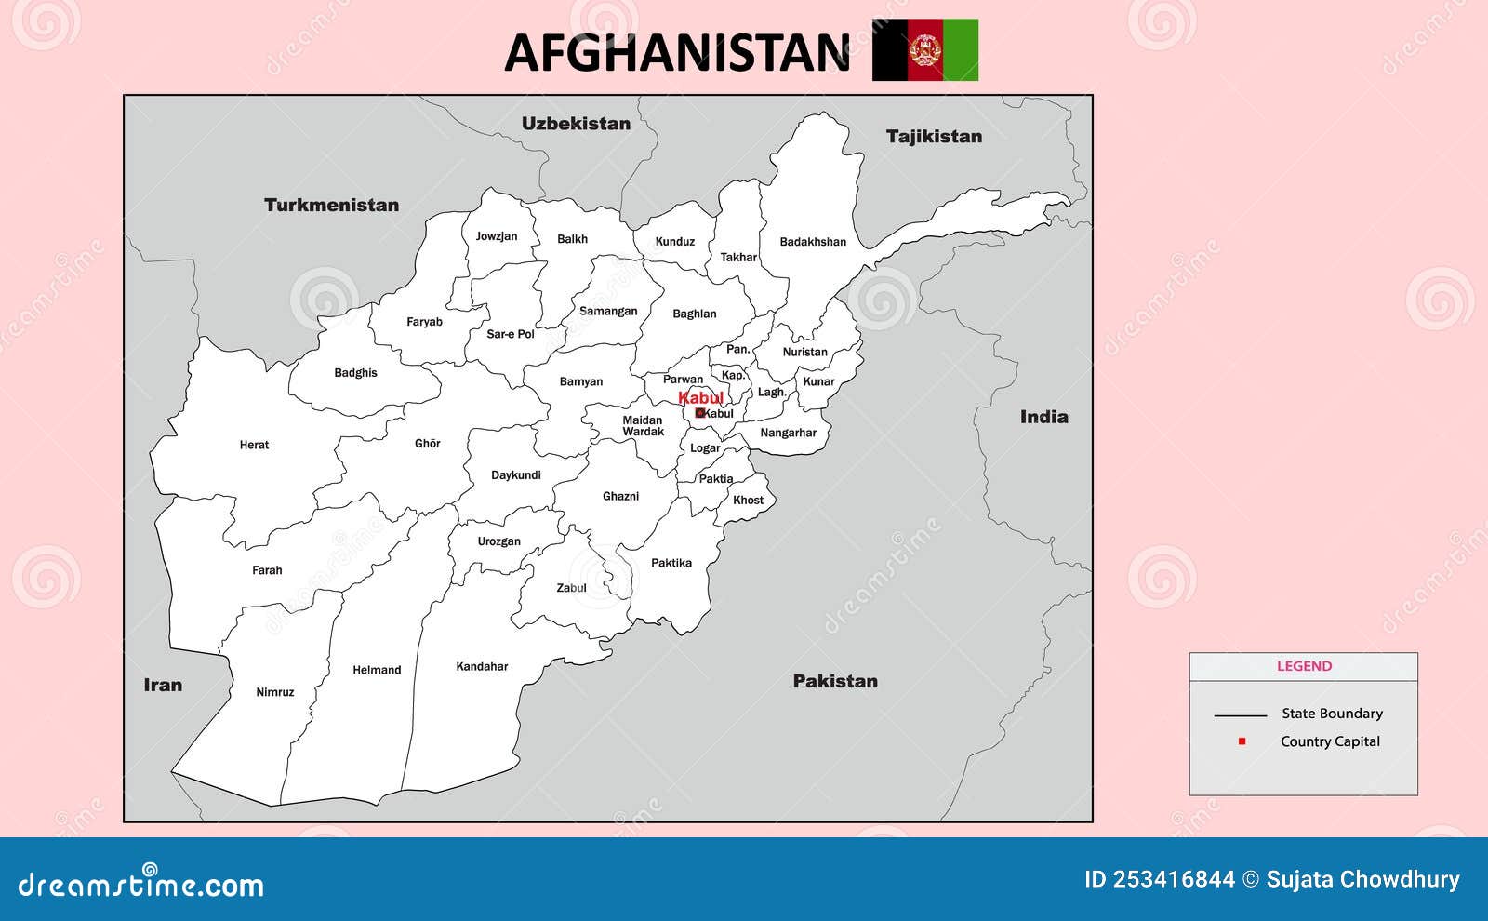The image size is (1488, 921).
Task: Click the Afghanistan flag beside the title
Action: pos(924,50)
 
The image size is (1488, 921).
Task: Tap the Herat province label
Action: pos(254,445)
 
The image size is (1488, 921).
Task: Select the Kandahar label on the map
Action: pos(482,666)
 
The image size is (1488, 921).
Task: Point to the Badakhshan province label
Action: pos(813,242)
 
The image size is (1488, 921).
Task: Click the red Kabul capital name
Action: pos(700,397)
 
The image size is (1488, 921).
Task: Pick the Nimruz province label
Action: pos(274,692)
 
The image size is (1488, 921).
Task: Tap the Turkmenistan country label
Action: pos(331,205)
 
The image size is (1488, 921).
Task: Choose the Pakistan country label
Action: pos(835,681)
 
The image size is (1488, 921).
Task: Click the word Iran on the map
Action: pos(163,685)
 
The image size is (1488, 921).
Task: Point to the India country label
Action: pos(1043,417)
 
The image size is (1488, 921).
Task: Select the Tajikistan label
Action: pos(934,136)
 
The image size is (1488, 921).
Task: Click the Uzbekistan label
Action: pos(576,123)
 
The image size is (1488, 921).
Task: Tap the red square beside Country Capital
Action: pos(1242,741)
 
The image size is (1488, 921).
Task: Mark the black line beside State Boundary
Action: pos(1240,715)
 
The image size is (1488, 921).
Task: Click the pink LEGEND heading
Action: pos(1304,666)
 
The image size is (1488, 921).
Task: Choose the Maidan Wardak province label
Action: pos(643,426)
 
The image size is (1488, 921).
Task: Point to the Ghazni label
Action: pos(620,496)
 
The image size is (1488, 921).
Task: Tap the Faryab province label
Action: pos(424,322)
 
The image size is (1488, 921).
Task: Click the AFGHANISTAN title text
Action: pos(677,52)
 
